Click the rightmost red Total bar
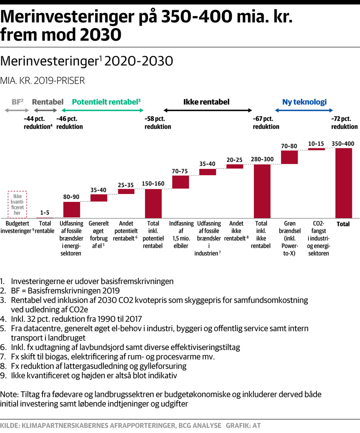(343, 183)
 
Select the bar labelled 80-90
(72, 210)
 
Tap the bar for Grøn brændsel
(289, 157)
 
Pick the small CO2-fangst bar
(316, 149)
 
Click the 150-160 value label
(153, 183)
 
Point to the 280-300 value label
(262, 159)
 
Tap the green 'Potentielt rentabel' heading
(106, 102)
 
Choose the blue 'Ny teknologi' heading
(304, 102)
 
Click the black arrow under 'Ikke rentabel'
(208, 110)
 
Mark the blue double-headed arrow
(304, 110)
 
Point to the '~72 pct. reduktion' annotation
(344, 123)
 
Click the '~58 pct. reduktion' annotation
(157, 123)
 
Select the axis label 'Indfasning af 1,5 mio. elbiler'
(181, 235)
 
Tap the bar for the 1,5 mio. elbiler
(180, 182)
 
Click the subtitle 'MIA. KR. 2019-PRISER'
(42, 81)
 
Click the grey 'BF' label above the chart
(17, 102)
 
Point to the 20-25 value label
(234, 160)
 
